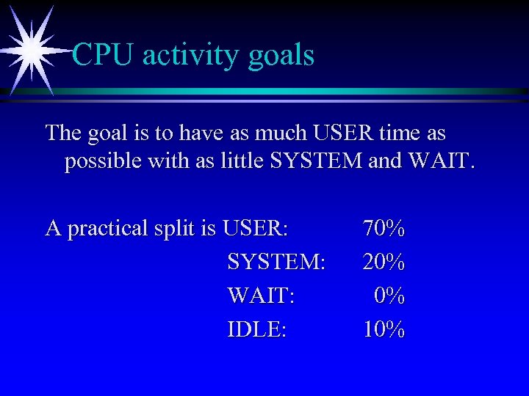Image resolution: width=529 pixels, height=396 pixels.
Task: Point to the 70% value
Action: pos(384,229)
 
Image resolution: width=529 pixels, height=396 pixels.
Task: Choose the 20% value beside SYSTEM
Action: pos(384,262)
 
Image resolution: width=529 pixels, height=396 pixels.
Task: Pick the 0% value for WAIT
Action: pos(389,296)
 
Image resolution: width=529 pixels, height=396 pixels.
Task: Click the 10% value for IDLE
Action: pos(384,329)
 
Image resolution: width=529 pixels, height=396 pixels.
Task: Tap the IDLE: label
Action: pos(257,329)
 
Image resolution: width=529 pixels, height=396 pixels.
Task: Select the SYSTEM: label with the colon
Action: pos(276,262)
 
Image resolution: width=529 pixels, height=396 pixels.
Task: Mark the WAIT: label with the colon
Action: pos(262,296)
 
